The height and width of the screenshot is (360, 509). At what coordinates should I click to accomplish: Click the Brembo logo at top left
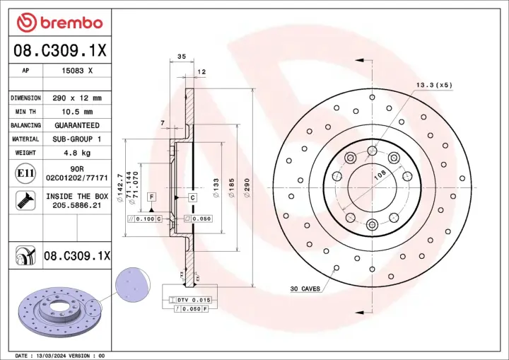tap(59, 23)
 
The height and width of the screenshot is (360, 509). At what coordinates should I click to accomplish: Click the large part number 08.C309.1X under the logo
tap(59, 50)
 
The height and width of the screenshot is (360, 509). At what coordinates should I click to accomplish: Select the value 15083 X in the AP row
tap(78, 71)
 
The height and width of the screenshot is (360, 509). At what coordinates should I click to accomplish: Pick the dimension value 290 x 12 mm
tap(78, 98)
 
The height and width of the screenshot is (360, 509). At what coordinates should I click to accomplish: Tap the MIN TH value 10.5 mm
tap(78, 112)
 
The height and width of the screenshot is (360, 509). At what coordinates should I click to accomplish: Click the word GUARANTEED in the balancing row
tap(78, 125)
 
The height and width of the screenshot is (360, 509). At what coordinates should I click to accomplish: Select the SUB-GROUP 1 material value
tap(78, 139)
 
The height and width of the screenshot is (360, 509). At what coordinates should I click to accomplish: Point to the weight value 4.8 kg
tap(78, 153)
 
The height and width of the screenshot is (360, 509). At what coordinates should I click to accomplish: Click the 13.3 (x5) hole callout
tap(433, 85)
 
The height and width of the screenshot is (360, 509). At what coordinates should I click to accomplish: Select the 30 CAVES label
tap(305, 289)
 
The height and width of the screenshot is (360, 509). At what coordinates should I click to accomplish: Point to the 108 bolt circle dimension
tap(379, 174)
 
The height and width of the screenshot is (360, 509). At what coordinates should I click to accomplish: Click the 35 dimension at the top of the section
tap(181, 57)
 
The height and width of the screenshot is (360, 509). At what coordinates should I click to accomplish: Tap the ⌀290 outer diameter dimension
tap(247, 188)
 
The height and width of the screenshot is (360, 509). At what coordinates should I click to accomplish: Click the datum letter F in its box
tap(151, 195)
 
